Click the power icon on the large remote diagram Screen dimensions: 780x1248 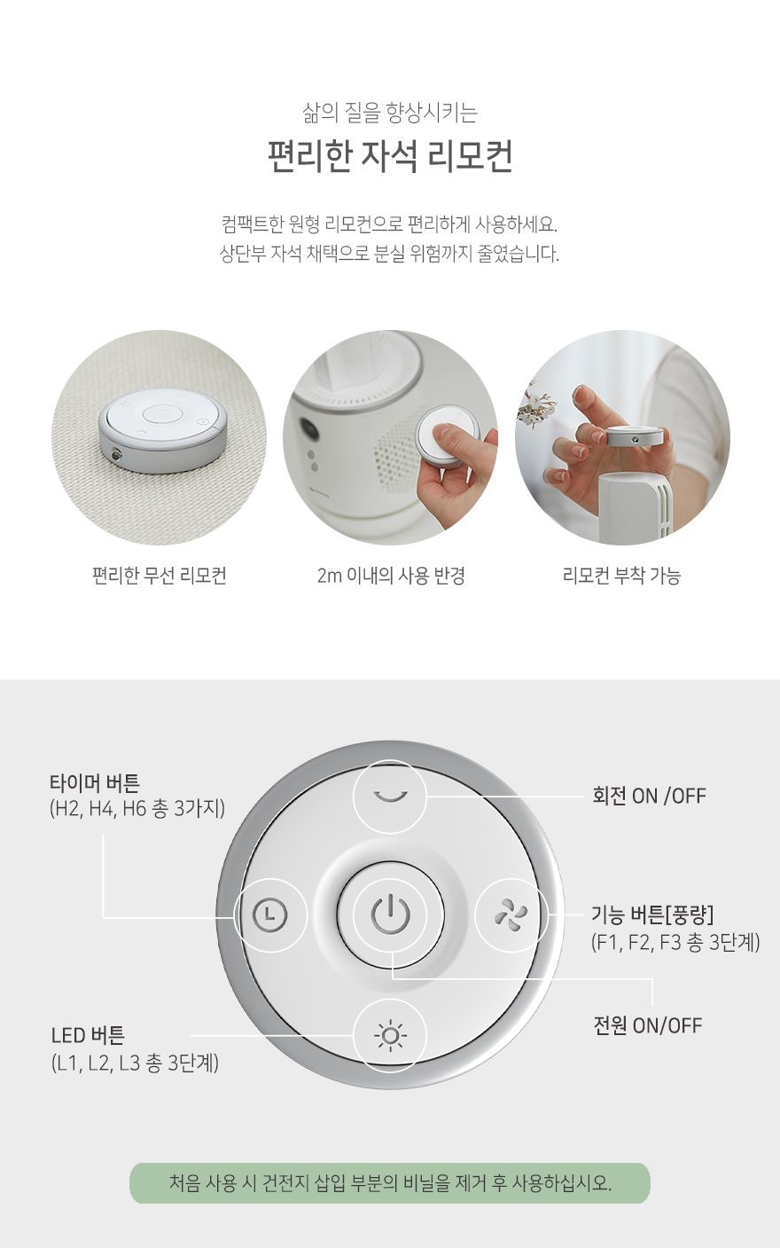click(390, 914)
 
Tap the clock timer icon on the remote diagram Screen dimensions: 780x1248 click(270, 914)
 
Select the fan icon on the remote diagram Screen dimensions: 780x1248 click(511, 914)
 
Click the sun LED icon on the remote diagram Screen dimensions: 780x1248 click(390, 1035)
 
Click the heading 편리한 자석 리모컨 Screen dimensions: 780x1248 click(390, 157)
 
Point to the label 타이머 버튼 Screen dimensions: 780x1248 click(95, 783)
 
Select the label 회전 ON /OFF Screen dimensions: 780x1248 click(649, 796)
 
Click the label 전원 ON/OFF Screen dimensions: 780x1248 click(648, 1024)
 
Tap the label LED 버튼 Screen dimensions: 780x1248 click(88, 1035)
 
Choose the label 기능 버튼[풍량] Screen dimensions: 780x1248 click(652, 914)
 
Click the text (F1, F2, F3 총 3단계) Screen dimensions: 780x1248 click(675, 942)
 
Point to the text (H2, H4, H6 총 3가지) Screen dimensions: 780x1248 click(137, 808)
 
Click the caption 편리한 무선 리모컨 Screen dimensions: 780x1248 click(160, 575)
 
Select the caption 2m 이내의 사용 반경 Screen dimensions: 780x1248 click(391, 575)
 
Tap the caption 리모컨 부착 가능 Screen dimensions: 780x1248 click(622, 575)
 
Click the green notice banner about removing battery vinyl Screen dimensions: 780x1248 click(390, 1183)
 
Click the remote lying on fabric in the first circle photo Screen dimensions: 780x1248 click(163, 431)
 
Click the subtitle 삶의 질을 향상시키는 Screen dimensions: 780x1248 click(390, 113)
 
